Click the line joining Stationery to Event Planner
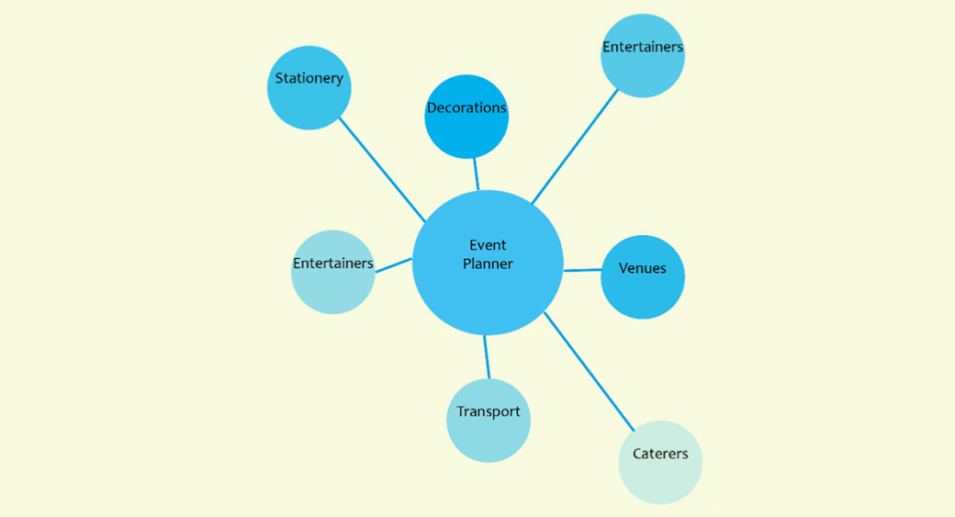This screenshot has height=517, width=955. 382,170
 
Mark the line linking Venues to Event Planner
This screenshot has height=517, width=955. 582,270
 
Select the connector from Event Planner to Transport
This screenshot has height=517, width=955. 487,357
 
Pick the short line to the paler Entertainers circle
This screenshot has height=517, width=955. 394,265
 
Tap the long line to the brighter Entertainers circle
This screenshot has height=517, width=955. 576,145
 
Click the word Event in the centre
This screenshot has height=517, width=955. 488,245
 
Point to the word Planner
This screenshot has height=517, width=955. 488,264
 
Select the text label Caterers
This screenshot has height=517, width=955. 660,454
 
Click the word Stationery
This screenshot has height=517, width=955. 309,78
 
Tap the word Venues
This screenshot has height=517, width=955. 643,269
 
